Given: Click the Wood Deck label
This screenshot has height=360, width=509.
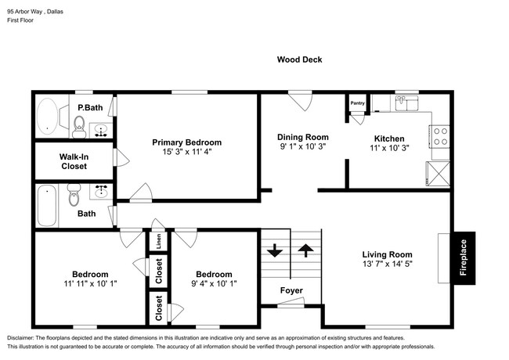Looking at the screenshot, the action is pyautogui.click(x=299, y=59).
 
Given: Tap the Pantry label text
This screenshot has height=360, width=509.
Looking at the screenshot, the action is pyautogui.click(x=357, y=103).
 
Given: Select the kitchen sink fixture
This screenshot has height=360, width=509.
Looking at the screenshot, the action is pyautogui.click(x=407, y=103).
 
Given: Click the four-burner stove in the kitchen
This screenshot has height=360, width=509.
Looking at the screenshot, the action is pyautogui.click(x=440, y=136).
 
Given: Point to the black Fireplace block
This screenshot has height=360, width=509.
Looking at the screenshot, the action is pyautogui.click(x=464, y=257).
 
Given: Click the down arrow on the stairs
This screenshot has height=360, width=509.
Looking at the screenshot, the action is pyautogui.click(x=275, y=250).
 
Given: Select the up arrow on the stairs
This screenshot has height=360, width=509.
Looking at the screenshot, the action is pyautogui.click(x=305, y=250).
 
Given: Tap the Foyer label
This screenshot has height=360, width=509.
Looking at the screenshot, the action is pyautogui.click(x=291, y=290).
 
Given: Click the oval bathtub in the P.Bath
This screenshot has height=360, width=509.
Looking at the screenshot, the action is pyautogui.click(x=48, y=117).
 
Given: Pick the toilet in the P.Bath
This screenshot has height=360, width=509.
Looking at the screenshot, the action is pyautogui.click(x=79, y=127).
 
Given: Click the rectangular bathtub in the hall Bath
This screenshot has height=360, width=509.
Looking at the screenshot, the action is pyautogui.click(x=47, y=206).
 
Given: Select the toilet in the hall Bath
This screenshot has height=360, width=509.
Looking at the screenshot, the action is pyautogui.click(x=74, y=195).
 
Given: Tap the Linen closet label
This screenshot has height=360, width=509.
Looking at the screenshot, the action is pyautogui.click(x=158, y=241).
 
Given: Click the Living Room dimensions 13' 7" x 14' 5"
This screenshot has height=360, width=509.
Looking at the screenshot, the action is pyautogui.click(x=388, y=264).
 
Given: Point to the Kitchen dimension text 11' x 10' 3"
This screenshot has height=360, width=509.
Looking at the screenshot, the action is pyautogui.click(x=389, y=148).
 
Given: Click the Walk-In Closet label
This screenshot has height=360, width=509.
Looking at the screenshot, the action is pyautogui.click(x=74, y=161).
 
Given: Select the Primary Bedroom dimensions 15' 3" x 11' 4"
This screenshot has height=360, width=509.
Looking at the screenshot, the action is pyautogui.click(x=186, y=152).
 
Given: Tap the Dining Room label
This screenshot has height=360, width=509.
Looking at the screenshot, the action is pyautogui.click(x=303, y=137).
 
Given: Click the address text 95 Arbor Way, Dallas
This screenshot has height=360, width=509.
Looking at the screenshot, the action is pyautogui.click(x=35, y=12).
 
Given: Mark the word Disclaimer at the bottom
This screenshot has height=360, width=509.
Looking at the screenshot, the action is pyautogui.click(x=20, y=338).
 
